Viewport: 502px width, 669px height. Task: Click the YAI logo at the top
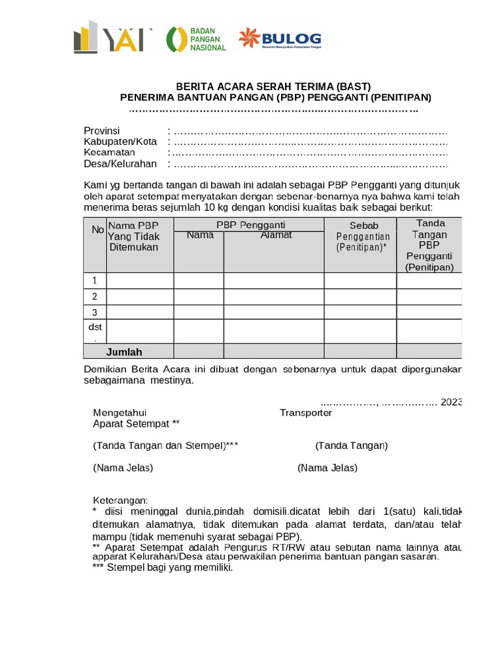click(x=112, y=37)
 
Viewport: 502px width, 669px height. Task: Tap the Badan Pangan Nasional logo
click(x=196, y=39)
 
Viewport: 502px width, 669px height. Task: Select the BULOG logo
click(x=279, y=39)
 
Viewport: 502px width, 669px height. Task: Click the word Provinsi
click(x=101, y=131)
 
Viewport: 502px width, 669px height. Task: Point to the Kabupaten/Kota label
click(x=120, y=142)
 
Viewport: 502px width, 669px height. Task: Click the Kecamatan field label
click(x=109, y=153)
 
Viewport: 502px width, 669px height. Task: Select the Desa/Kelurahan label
click(x=120, y=164)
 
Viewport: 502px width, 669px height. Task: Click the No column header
click(x=97, y=229)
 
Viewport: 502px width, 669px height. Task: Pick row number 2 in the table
click(x=95, y=297)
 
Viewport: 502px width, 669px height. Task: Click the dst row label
click(x=95, y=327)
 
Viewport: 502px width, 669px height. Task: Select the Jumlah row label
click(x=124, y=352)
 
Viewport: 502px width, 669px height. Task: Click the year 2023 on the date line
click(x=451, y=402)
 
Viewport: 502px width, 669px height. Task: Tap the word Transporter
click(x=305, y=413)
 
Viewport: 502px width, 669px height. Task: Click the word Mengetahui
click(x=120, y=413)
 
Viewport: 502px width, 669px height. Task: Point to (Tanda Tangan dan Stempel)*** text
click(x=165, y=446)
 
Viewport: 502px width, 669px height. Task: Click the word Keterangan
click(x=120, y=500)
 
